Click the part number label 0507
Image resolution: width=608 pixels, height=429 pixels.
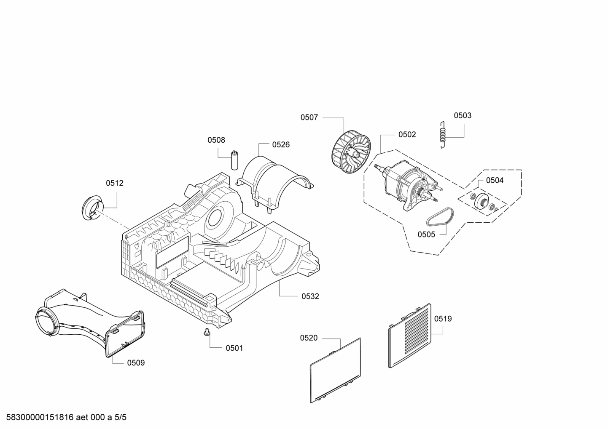pyautogui.click(x=309, y=117)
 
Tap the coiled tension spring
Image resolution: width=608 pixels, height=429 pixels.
pyautogui.click(x=443, y=135)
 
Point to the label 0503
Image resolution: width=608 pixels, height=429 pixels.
pyautogui.click(x=463, y=115)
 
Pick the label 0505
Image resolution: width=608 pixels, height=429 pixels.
pyautogui.click(x=426, y=234)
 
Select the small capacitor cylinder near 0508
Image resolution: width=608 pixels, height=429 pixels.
pyautogui.click(x=234, y=160)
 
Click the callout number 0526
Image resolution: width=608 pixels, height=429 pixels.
pyautogui.click(x=281, y=144)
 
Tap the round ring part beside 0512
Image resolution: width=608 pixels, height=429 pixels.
pyautogui.click(x=93, y=207)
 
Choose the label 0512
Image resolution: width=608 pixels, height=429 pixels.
pyautogui.click(x=115, y=183)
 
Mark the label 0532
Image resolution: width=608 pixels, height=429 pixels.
pyautogui.click(x=310, y=296)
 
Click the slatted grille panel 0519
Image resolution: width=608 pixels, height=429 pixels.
pyautogui.click(x=409, y=336)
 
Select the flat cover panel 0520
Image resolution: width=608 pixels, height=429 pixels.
pyautogui.click(x=336, y=370)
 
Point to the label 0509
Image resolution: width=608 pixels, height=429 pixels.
pyautogui.click(x=136, y=362)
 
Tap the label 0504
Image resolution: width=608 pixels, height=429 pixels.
pyautogui.click(x=495, y=180)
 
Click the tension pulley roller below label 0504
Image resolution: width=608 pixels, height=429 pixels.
pyautogui.click(x=482, y=201)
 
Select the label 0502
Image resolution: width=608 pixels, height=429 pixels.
pyautogui.click(x=407, y=134)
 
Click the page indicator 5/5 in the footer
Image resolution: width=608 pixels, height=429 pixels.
pyautogui.click(x=121, y=417)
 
